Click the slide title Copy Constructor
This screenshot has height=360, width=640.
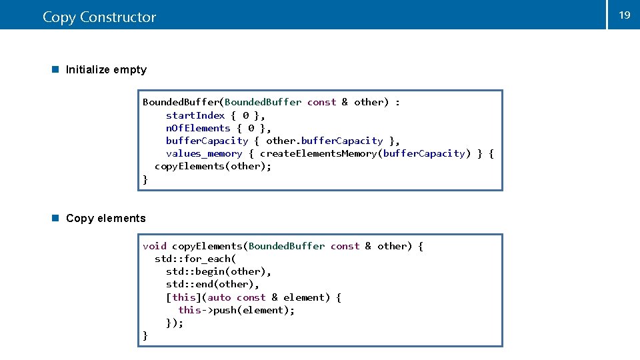(99, 17)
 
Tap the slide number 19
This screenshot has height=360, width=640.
(624, 15)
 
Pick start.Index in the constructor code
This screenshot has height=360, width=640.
(195, 115)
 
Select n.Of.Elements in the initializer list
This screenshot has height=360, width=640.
(198, 127)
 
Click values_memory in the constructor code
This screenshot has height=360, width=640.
(204, 153)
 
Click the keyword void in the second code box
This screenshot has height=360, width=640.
(155, 246)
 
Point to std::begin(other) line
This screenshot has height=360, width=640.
(219, 271)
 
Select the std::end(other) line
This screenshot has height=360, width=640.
(213, 284)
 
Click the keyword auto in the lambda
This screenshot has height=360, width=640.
(219, 297)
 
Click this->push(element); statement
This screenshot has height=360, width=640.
(236, 310)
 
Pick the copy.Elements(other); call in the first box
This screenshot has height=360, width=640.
(213, 166)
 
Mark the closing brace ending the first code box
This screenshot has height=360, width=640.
(145, 179)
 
